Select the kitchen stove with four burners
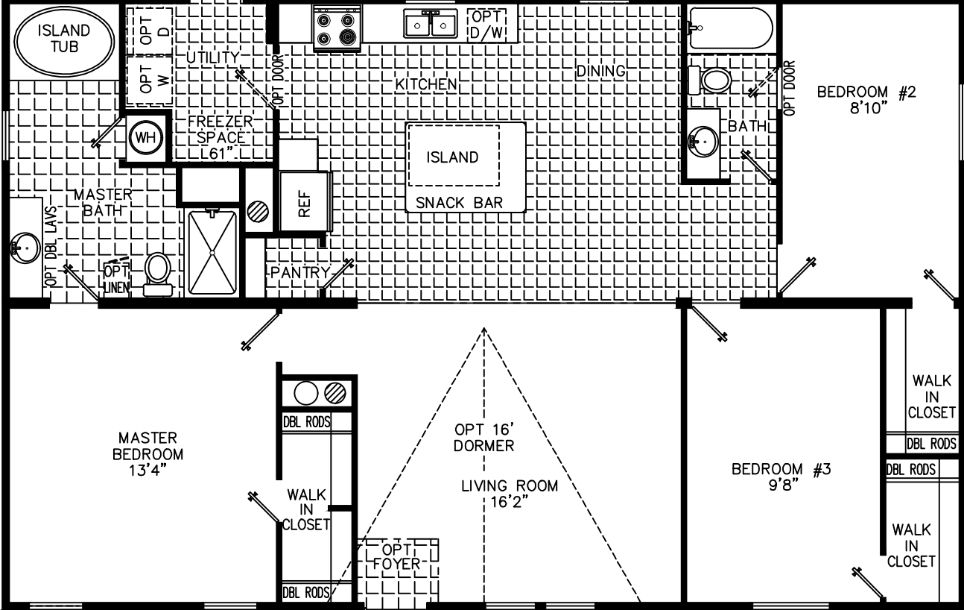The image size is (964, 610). coord(336,28)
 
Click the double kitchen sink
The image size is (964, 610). coord(431,25)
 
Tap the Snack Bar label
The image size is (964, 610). coord(459,202)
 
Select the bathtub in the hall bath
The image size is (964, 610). coord(730,28)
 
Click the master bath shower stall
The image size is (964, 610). coord(212,253)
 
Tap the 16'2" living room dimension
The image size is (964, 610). coord(509,502)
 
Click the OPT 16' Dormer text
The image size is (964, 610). coord(484,438)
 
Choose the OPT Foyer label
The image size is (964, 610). coord(392,556)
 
